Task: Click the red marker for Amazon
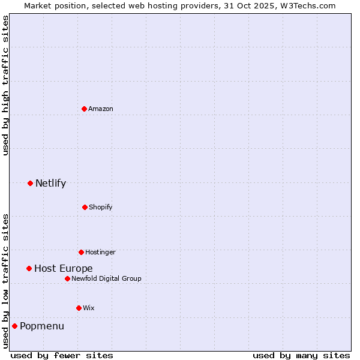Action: [85, 109]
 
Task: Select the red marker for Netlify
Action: [30, 183]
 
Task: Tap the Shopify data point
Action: [85, 207]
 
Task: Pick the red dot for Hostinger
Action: [81, 252]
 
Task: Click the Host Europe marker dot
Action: [29, 268]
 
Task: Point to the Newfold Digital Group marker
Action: [67, 278]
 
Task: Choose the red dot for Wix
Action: [79, 308]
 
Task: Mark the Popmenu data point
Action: [14, 326]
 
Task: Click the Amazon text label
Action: [101, 109]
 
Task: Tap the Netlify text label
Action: [51, 183]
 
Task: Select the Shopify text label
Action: [101, 207]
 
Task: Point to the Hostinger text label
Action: [100, 252]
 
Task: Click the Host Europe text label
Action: [64, 268]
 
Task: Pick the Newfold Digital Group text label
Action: [107, 278]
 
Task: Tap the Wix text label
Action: [89, 308]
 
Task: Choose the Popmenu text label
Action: [42, 326]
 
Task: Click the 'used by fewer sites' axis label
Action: [62, 355]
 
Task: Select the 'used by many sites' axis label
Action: [301, 355]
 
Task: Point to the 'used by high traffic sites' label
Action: [5, 85]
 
